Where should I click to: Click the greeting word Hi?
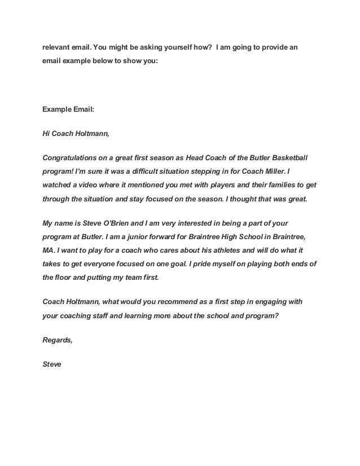(47, 135)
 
